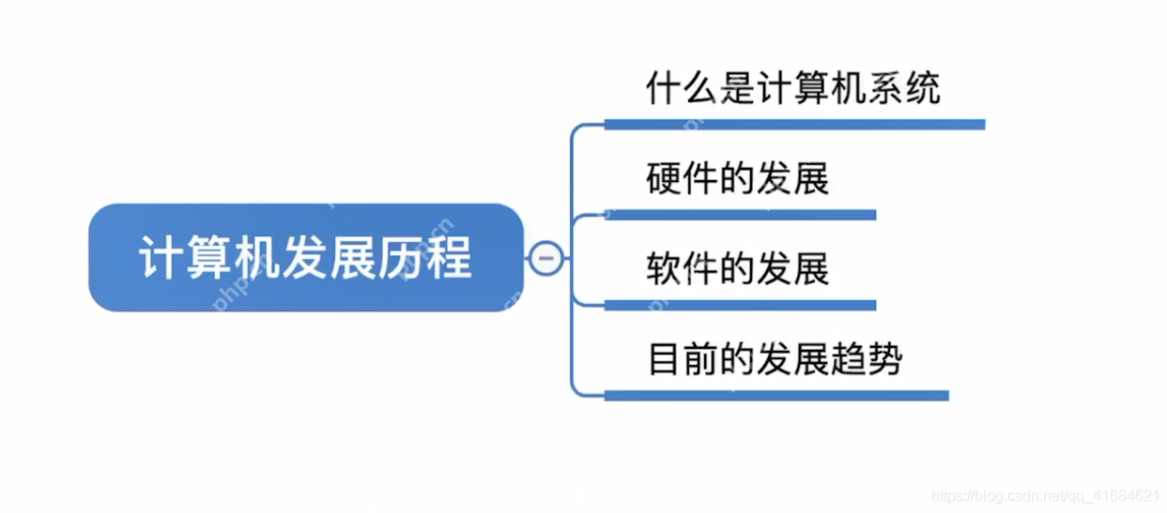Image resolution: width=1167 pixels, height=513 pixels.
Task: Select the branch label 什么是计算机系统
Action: pyautogui.click(x=792, y=89)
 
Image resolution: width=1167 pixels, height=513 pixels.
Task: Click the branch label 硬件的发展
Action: pyautogui.click(x=738, y=178)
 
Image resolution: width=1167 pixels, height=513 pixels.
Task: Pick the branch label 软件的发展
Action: pyautogui.click(x=738, y=269)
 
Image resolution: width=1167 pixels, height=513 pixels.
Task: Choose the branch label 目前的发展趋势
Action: pyautogui.click(x=775, y=360)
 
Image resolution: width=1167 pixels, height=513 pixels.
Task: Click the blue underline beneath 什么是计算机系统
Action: pyautogui.click(x=793, y=125)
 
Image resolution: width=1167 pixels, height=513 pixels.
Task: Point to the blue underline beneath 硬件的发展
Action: pyautogui.click(x=739, y=215)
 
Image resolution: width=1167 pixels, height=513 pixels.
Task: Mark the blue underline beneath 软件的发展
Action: pyautogui.click(x=739, y=305)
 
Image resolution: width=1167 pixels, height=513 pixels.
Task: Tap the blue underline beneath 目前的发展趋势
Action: pyautogui.click(x=775, y=396)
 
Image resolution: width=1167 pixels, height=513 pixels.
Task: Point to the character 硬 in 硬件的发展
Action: pyautogui.click(x=663, y=178)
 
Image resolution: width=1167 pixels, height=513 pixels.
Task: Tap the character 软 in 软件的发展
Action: pyautogui.click(x=663, y=269)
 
